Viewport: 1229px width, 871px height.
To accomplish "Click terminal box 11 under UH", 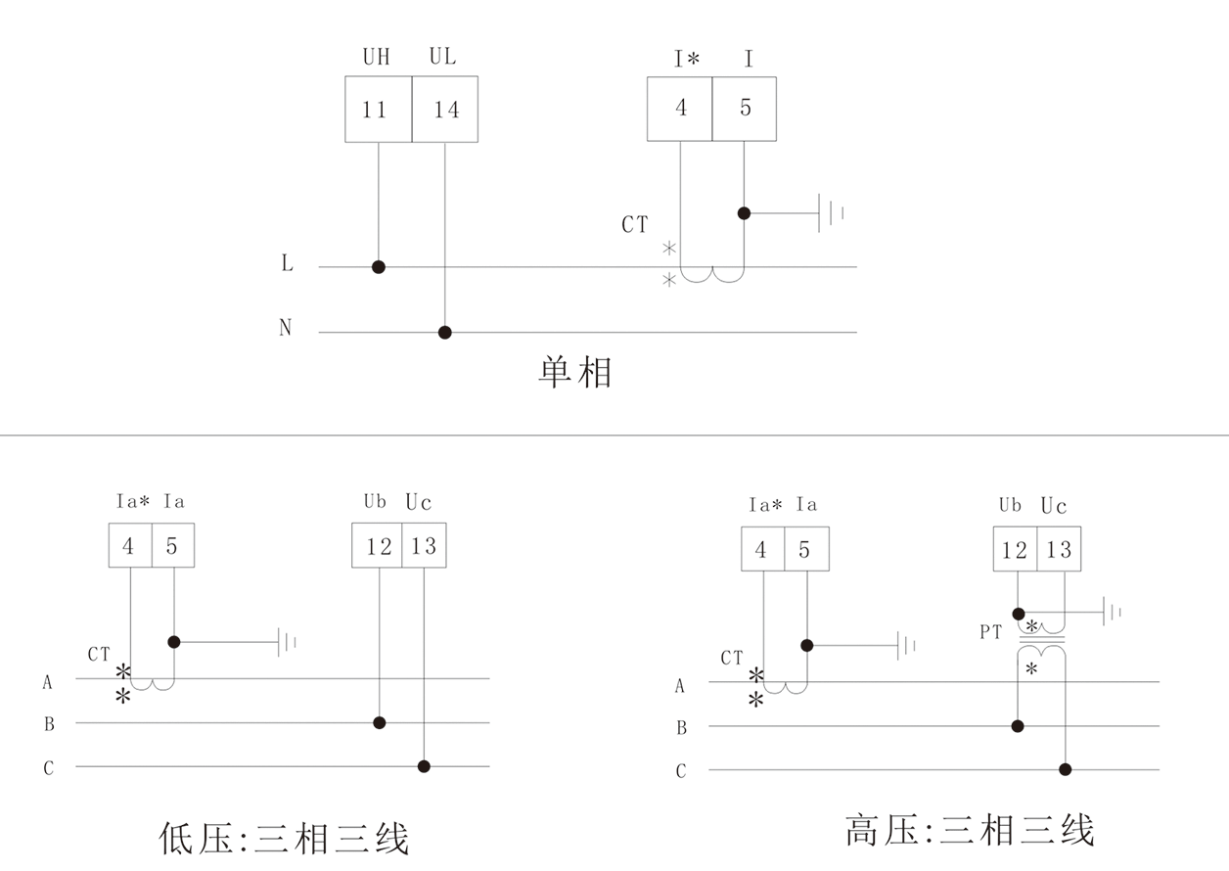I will [378, 109].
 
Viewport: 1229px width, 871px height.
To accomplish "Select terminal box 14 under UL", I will [445, 109].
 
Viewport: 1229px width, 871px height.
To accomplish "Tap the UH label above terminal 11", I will [376, 58].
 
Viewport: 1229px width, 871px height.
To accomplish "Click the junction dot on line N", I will [445, 333].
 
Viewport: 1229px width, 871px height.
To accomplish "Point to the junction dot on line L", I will [379, 267].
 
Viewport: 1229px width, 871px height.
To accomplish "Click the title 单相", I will [575, 373].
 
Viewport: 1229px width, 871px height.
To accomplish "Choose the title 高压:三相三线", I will [970, 831].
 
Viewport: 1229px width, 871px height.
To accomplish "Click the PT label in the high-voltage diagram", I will [991, 633].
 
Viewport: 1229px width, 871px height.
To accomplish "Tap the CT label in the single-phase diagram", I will [634, 225].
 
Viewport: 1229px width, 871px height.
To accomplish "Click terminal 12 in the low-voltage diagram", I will [379, 546].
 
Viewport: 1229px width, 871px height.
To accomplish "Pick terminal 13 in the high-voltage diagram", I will [1059, 550].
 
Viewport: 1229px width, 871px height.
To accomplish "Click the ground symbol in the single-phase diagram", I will [831, 212].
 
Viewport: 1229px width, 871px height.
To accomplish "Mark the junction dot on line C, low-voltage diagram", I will [424, 766].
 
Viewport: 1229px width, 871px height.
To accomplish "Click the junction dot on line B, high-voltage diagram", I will [1018, 726].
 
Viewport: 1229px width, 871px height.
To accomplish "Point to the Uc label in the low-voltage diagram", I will [419, 503].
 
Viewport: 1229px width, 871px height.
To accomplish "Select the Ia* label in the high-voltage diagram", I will [765, 505].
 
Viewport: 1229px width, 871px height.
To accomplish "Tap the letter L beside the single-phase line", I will [287, 264].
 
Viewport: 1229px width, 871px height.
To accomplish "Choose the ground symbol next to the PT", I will [1113, 613].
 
